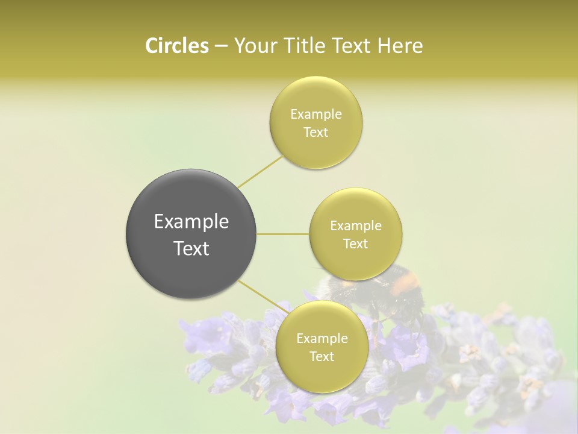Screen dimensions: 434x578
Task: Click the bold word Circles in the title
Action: pyautogui.click(x=176, y=46)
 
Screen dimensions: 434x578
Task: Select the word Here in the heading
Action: pyautogui.click(x=401, y=46)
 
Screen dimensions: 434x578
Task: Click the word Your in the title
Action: pyautogui.click(x=255, y=46)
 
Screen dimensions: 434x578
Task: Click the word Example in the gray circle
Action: pyautogui.click(x=191, y=222)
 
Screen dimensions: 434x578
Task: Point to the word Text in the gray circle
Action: pyautogui.click(x=191, y=248)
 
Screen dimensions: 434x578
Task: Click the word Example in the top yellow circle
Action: pyautogui.click(x=316, y=115)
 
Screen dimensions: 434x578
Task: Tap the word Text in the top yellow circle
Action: pyautogui.click(x=316, y=133)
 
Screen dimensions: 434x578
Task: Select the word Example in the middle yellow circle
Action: pyautogui.click(x=356, y=226)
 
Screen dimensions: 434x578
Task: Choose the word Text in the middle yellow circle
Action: pyautogui.click(x=356, y=244)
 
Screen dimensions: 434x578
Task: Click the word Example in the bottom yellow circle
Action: pyautogui.click(x=322, y=339)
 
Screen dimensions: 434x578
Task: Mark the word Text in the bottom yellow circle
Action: pyautogui.click(x=322, y=357)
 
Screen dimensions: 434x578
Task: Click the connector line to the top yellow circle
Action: pyautogui.click(x=260, y=171)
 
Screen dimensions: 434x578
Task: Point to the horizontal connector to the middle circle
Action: pyautogui.click(x=282, y=234)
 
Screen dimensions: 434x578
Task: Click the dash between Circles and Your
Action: pyautogui.click(x=221, y=46)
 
